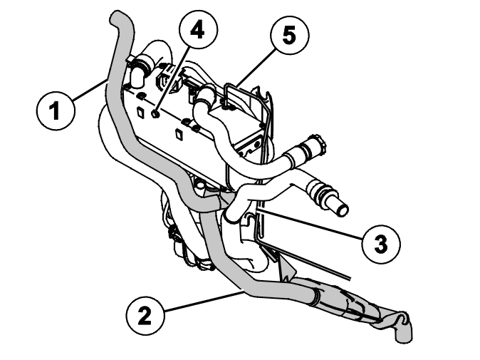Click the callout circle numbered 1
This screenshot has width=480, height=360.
click(55, 111)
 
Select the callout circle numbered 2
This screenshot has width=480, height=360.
click(145, 315)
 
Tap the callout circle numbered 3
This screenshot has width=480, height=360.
click(381, 245)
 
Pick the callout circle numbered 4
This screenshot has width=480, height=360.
click(199, 31)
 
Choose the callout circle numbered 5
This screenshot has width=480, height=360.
click(290, 36)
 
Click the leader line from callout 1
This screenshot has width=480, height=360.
click(90, 89)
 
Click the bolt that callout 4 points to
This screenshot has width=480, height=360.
click(155, 114)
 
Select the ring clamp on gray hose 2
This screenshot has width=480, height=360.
click(316, 297)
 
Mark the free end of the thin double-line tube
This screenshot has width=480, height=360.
click(350, 278)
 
